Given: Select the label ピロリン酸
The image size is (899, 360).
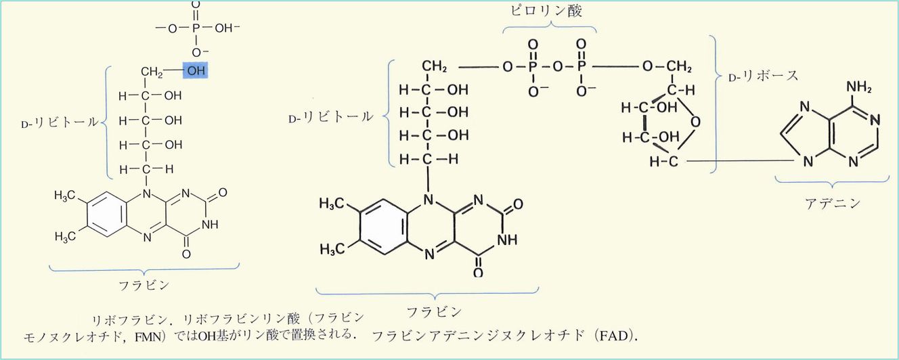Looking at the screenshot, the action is coord(549,12).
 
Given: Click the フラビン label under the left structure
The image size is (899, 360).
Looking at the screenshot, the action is coord(145,285).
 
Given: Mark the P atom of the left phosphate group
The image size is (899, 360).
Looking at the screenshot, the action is coord(196,29).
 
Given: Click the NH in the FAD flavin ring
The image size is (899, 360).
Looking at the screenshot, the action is coord(507,240).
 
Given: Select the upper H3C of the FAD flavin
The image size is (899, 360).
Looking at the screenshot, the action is coord(332,203).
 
